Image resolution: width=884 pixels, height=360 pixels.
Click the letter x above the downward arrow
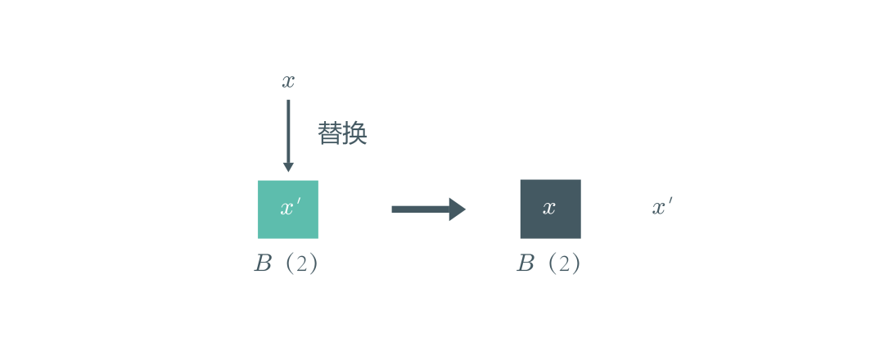[x=288, y=82]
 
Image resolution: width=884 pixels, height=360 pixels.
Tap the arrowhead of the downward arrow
[x=288, y=168]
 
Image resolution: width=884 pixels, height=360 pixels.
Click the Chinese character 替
[x=330, y=134]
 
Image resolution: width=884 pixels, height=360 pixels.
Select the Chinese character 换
[x=355, y=134]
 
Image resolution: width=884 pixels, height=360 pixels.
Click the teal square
[x=288, y=209]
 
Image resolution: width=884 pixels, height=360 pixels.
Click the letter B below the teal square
[x=263, y=263]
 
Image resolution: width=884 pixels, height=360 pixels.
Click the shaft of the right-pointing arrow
[x=421, y=209]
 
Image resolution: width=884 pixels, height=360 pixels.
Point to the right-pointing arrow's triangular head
[x=458, y=209]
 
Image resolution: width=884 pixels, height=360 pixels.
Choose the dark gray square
[x=550, y=209]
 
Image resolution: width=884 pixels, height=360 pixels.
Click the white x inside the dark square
[x=549, y=208]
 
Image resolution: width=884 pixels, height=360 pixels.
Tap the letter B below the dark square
[x=525, y=263]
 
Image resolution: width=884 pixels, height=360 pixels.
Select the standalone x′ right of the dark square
[x=662, y=207]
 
